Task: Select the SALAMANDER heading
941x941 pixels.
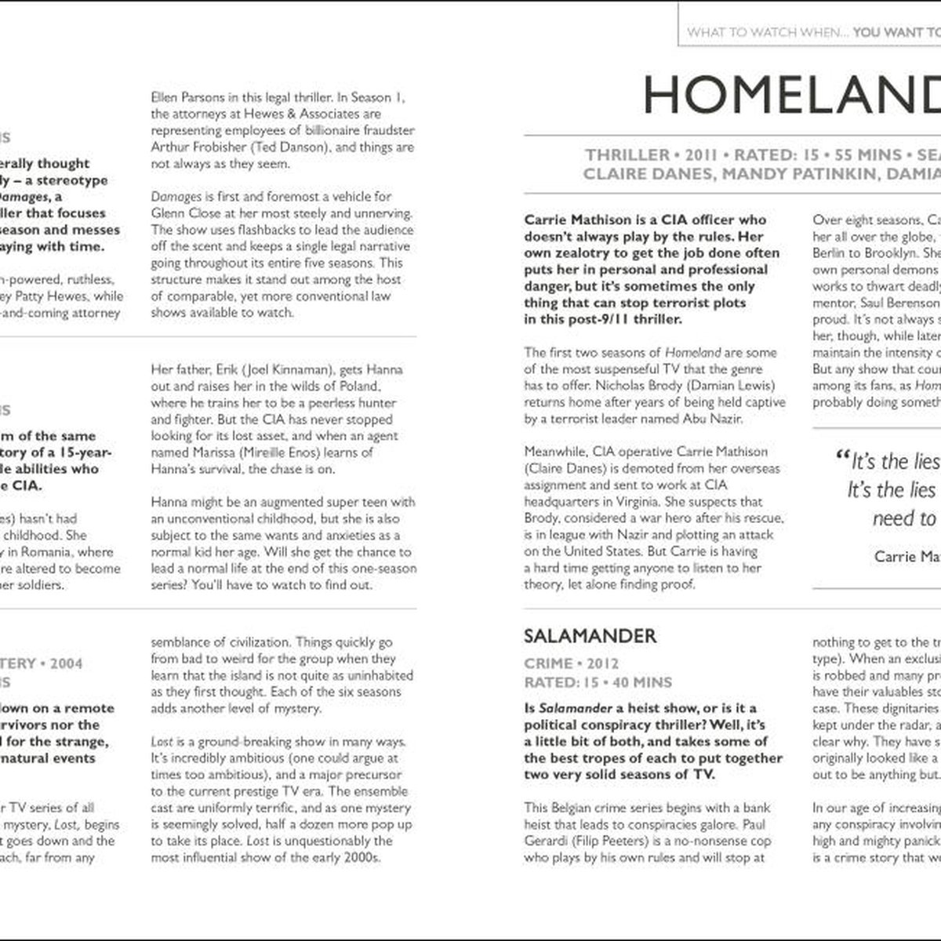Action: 590,635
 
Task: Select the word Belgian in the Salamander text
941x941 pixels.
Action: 576,808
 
